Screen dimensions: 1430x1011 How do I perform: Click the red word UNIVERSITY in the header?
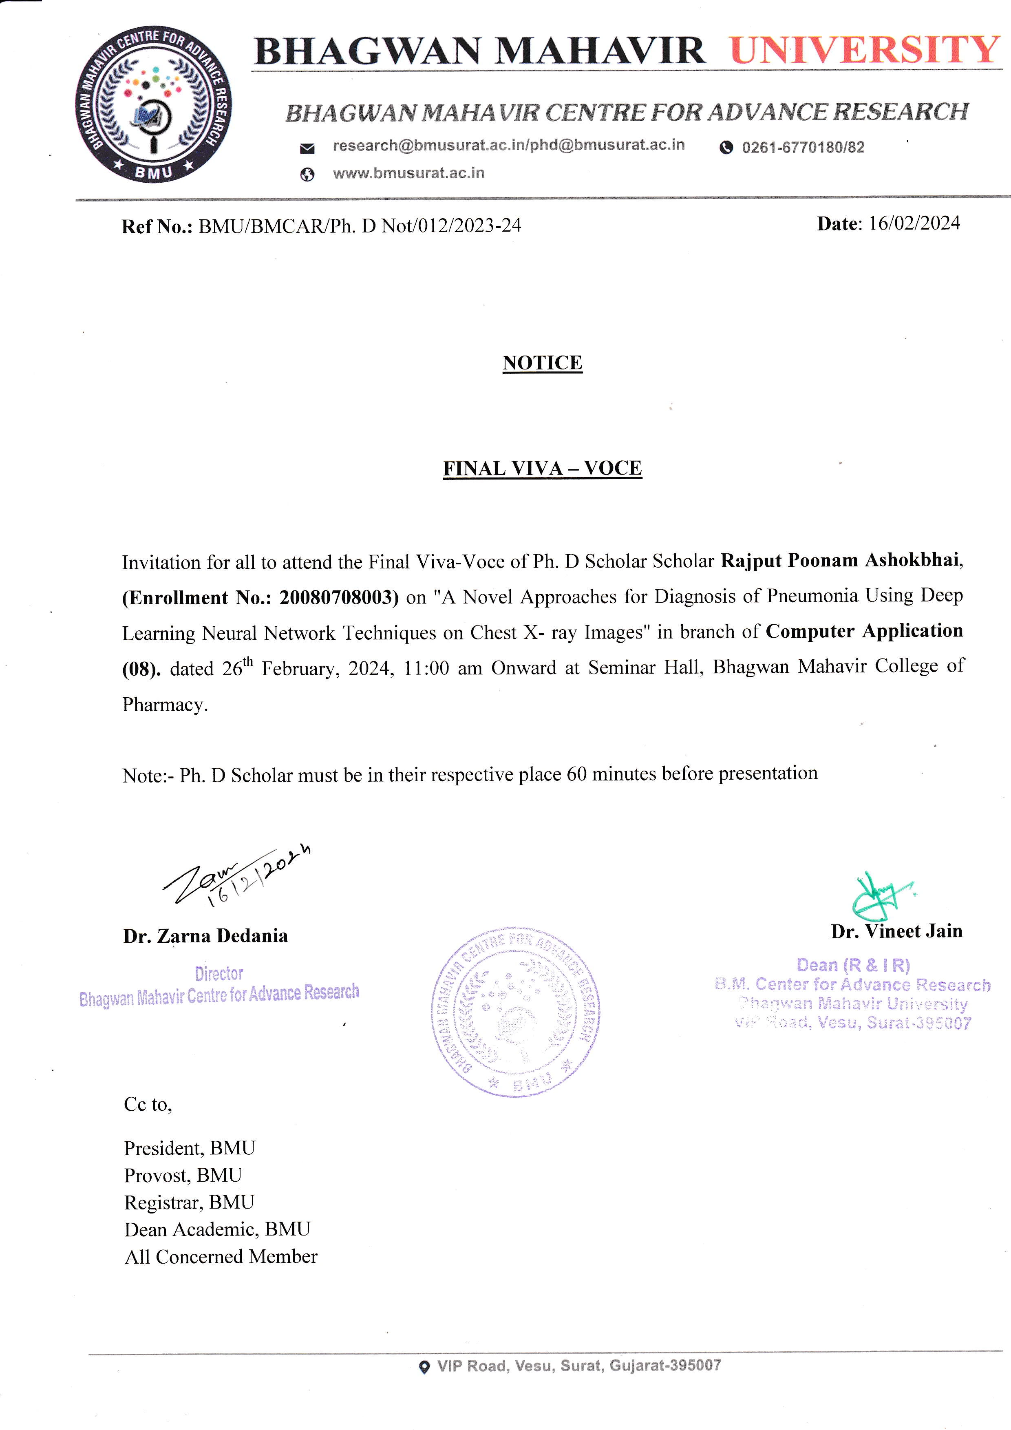[864, 51]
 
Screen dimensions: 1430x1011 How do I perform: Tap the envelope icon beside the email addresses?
[307, 148]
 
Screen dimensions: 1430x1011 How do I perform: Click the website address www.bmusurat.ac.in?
[408, 173]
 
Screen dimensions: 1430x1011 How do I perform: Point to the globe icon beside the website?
[307, 175]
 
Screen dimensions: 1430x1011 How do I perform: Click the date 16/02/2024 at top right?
[914, 223]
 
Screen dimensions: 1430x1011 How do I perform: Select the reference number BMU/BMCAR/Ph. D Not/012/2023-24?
[359, 225]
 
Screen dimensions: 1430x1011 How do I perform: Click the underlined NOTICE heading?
[542, 362]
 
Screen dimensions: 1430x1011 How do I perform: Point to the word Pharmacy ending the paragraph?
[164, 705]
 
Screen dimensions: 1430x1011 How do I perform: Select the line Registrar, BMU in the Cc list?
[189, 1202]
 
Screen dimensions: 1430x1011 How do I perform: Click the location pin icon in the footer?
[424, 1367]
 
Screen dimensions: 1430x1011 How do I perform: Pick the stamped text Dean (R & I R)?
[853, 966]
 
